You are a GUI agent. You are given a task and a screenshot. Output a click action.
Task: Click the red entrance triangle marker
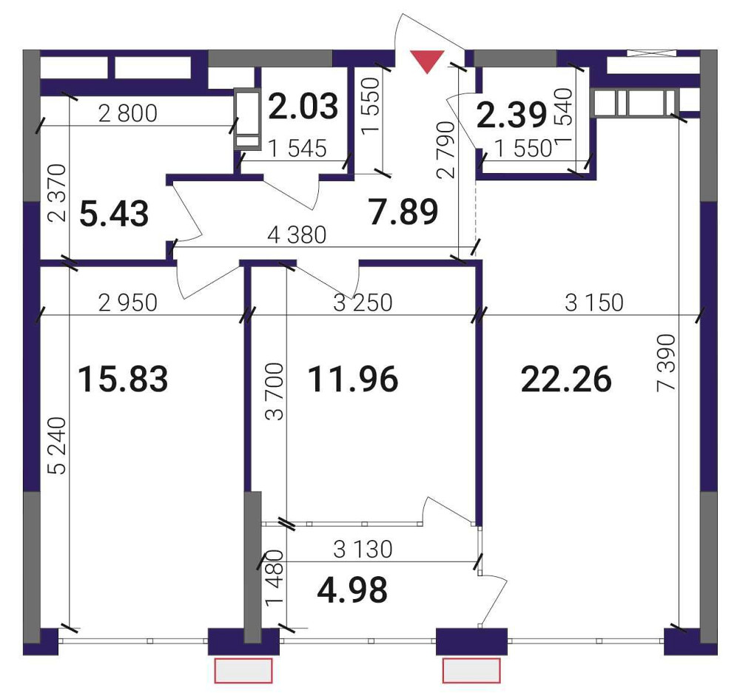428,61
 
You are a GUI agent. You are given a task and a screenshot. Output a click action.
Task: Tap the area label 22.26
566,379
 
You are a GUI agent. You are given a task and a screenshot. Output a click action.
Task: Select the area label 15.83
123,379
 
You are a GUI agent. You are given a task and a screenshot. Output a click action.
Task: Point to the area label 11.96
353,379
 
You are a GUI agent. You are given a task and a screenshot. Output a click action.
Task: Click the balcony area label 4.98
352,590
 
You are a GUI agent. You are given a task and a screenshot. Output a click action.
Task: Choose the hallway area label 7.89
404,212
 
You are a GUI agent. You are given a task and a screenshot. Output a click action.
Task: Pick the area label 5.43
114,213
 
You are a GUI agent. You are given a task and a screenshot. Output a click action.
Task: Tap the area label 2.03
303,106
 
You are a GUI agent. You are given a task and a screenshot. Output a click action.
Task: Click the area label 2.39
512,115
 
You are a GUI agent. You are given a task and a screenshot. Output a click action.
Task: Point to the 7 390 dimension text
667,362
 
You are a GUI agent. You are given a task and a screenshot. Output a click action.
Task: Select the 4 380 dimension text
297,234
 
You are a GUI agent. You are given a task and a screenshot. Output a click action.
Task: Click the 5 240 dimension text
58,445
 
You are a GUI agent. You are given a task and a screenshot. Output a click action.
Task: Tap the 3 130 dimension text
363,549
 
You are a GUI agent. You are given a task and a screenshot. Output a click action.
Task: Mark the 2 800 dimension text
128,114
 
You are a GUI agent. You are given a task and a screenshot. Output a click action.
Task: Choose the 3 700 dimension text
275,391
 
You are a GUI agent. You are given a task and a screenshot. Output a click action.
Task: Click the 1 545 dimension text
297,149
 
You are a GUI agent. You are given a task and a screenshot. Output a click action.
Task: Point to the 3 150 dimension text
594,303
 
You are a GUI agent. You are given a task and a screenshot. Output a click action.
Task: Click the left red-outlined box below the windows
243,671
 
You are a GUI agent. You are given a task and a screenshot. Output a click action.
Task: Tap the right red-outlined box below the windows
471,671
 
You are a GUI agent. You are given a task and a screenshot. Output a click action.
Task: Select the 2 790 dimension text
446,149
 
